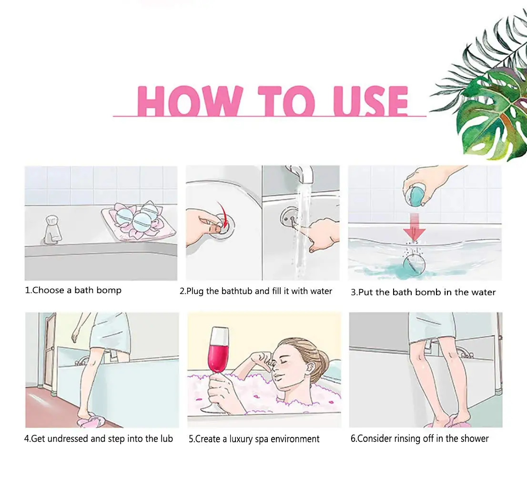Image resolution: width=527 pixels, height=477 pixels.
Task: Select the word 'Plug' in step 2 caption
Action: click(x=195, y=291)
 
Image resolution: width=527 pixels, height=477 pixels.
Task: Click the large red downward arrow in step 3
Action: click(x=415, y=227)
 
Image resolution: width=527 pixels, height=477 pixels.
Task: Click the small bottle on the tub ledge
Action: click(x=53, y=229)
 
